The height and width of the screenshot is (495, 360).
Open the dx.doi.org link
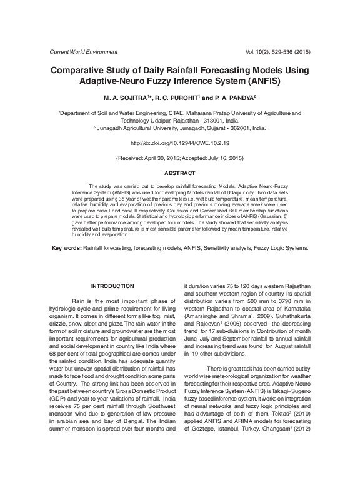(x=179, y=143)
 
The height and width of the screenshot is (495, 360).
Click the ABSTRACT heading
(x=179, y=172)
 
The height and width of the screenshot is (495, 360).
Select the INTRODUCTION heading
(x=112, y=286)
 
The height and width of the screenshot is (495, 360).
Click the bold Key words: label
(x=66, y=248)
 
